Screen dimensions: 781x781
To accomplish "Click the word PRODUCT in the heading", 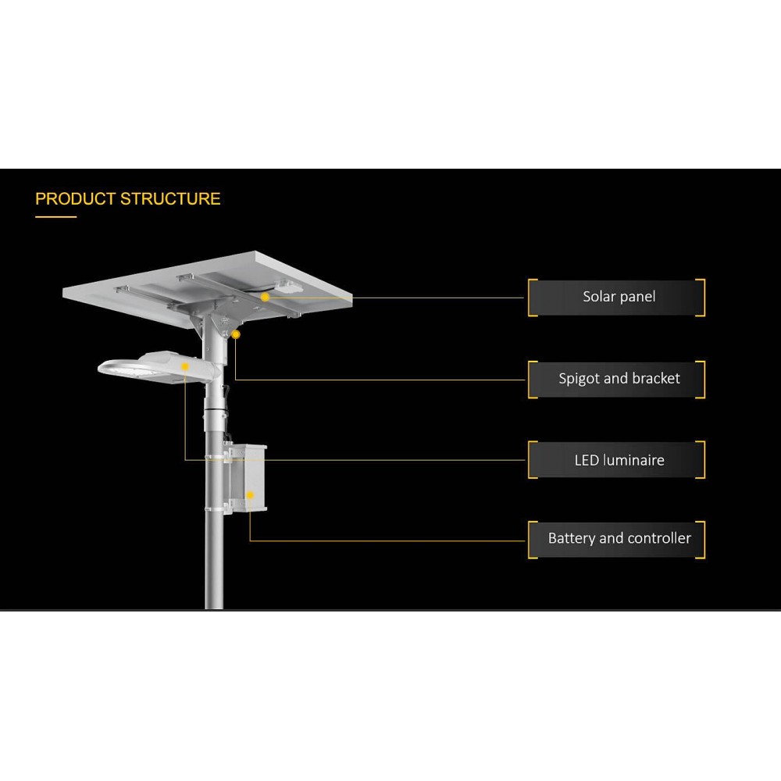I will pyautogui.click(x=75, y=199).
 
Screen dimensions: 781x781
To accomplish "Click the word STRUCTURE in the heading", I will pyautogui.click(x=169, y=199).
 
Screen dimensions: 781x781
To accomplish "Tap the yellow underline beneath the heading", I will pyautogui.click(x=55, y=217).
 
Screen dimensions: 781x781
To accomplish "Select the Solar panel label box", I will pyautogui.click(x=617, y=297).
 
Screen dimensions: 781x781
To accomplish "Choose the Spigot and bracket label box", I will pyautogui.click(x=617, y=379).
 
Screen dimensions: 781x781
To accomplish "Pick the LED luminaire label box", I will pyautogui.click(x=617, y=460).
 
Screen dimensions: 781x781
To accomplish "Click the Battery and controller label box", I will pyautogui.click(x=617, y=539).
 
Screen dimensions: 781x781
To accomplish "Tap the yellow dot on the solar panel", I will pyautogui.click(x=266, y=297).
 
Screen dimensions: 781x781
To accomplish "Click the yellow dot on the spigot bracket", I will pyautogui.click(x=235, y=334).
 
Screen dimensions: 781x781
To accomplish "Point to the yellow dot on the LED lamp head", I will pyautogui.click(x=185, y=366).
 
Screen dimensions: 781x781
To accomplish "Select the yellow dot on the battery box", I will pyautogui.click(x=250, y=495).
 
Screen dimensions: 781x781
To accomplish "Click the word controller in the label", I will pyautogui.click(x=659, y=538).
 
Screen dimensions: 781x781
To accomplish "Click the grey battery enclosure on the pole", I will pyautogui.click(x=245, y=478).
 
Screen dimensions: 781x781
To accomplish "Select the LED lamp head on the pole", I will pyautogui.click(x=156, y=363).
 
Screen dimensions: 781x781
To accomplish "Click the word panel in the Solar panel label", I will pyautogui.click(x=637, y=297).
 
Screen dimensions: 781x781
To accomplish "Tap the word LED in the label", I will pyautogui.click(x=587, y=460).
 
